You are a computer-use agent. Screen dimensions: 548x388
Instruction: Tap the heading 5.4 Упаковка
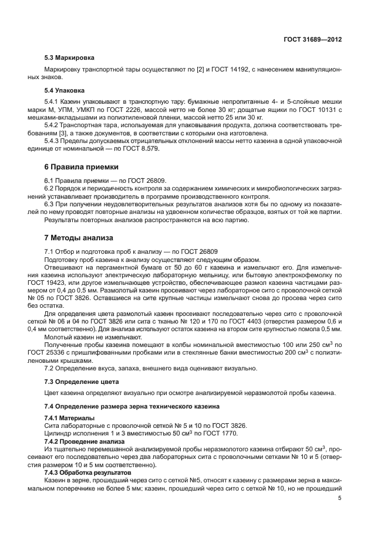(65, 91)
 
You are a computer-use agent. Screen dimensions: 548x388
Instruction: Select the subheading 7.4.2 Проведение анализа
(85, 441)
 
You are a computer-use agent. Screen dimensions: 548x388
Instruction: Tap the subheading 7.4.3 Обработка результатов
(88, 472)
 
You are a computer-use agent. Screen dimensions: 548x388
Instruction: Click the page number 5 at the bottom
(340, 498)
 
